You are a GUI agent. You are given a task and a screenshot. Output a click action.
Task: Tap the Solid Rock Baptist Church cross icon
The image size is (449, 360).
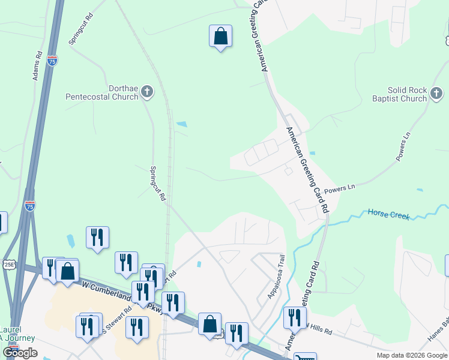coord(436,93)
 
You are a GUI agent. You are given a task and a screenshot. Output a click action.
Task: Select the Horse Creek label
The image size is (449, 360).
coord(388,214)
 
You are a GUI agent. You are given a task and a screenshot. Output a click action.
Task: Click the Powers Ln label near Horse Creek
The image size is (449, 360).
coord(340,189)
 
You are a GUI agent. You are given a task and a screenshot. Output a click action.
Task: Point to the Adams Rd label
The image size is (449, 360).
coord(38,65)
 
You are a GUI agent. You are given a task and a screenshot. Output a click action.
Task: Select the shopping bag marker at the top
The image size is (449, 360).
coord(220,37)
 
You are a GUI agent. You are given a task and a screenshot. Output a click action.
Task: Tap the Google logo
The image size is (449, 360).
coord(20,353)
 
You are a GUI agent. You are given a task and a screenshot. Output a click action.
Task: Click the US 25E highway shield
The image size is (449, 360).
coord(8,263)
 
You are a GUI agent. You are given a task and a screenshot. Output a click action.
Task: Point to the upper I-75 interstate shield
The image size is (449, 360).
coord(52,61)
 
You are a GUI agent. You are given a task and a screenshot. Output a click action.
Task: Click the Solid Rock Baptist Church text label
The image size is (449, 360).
coord(399,94)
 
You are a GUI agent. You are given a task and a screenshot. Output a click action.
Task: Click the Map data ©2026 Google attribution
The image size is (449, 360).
coord(411,355)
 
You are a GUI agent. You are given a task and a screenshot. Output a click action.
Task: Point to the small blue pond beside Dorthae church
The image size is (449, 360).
coord(181,124)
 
